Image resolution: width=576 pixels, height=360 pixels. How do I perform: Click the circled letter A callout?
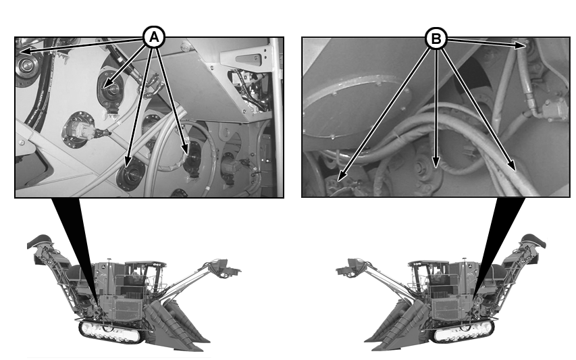click(x=154, y=37)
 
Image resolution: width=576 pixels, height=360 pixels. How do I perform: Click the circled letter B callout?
click(x=436, y=38)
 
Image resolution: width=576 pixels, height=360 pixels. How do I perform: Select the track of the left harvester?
click(x=111, y=332)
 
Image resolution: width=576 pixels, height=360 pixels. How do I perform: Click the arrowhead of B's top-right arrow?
click(x=521, y=45)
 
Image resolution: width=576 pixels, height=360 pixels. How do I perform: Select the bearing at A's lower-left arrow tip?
click(x=130, y=174)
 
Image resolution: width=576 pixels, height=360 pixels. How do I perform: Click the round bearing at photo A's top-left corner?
click(x=26, y=66)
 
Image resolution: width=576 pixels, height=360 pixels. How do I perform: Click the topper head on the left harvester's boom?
click(x=224, y=268)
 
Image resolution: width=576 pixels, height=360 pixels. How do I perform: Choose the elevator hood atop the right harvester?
click(x=533, y=240)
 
